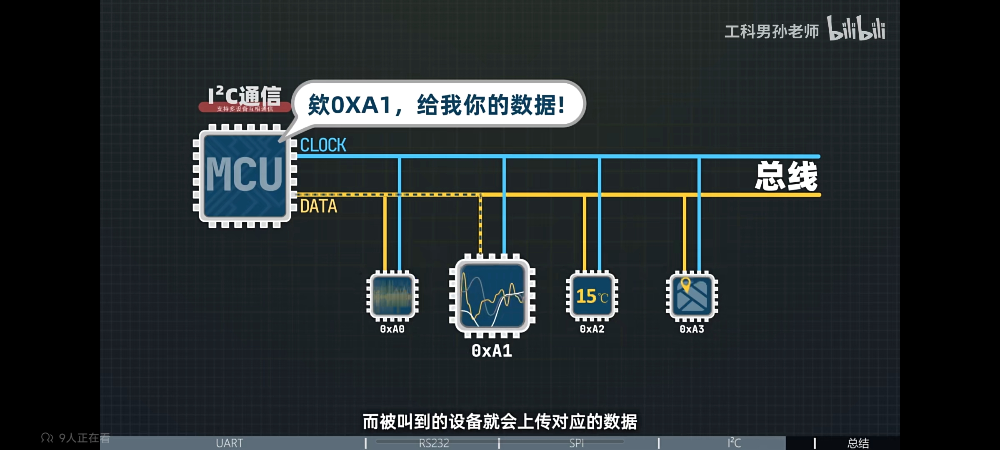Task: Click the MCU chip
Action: tap(245, 175)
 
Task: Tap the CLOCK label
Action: tap(323, 145)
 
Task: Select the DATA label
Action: tap(318, 206)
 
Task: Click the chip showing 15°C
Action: tap(592, 296)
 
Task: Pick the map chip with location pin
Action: tap(692, 296)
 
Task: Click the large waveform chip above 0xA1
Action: tap(492, 295)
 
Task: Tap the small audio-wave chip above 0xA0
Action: tap(392, 296)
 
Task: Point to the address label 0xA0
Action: tap(392, 329)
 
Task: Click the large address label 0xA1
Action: tap(492, 351)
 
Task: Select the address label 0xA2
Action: tap(592, 329)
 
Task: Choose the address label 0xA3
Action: tap(692, 329)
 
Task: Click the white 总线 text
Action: tap(786, 177)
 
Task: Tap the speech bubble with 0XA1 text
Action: tap(437, 104)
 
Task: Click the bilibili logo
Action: tap(856, 29)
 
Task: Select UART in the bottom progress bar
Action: tap(229, 443)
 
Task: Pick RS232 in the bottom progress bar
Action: tap(434, 443)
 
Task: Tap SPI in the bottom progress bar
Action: tap(577, 443)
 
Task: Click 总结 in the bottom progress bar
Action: tap(858, 443)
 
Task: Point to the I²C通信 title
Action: tap(245, 96)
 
